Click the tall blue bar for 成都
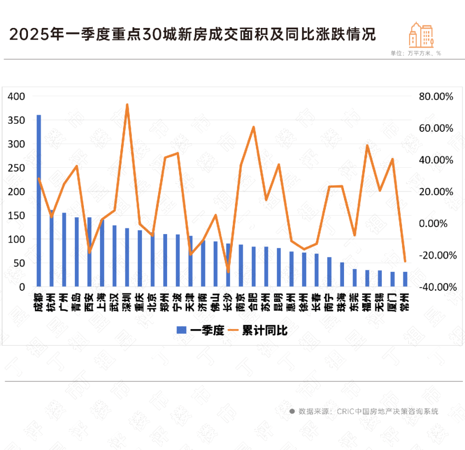click(x=39, y=200)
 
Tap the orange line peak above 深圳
click(x=127, y=105)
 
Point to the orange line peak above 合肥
click(x=254, y=127)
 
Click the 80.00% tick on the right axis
click(x=436, y=97)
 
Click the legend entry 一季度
click(x=201, y=330)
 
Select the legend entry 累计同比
click(x=259, y=330)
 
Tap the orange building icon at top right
click(x=421, y=35)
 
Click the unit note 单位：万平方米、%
click(x=415, y=53)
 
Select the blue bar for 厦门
click(x=392, y=279)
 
